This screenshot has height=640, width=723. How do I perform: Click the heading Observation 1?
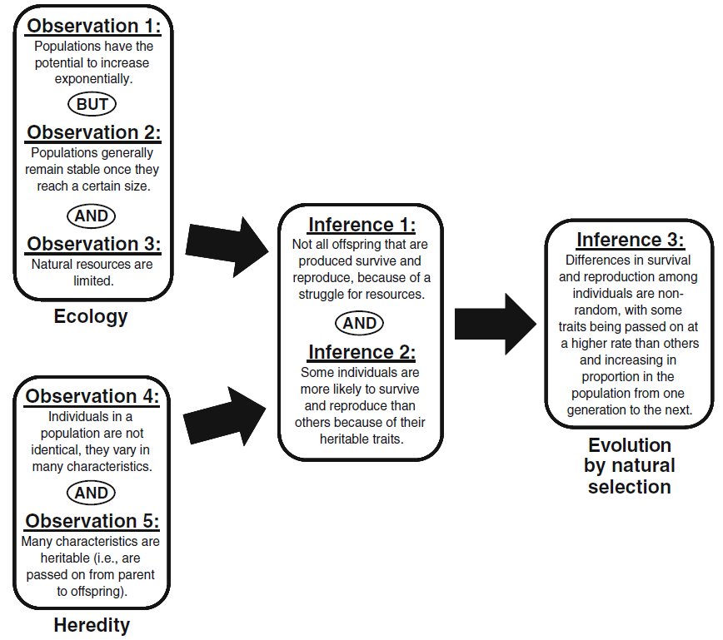point(92,25)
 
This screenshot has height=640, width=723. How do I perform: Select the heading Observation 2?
point(92,133)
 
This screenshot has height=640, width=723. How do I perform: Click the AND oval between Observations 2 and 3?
point(92,216)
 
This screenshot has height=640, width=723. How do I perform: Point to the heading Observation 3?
point(92,245)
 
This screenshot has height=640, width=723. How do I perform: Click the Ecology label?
point(91,316)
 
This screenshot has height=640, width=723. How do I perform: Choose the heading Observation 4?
point(92,397)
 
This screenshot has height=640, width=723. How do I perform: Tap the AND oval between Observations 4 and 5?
point(92,493)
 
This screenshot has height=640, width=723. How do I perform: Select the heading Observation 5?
point(92,522)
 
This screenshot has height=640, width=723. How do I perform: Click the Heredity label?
point(92,624)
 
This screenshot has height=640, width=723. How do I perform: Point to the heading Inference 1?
point(361,225)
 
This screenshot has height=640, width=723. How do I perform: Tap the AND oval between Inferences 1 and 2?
point(361,323)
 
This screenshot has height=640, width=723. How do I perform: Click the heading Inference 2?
point(361,352)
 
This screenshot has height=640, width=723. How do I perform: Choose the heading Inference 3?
point(629,240)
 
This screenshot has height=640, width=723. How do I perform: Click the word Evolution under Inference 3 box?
point(629,444)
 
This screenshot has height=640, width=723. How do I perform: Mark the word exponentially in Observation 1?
point(92,80)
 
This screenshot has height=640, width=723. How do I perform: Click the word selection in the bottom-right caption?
point(629,486)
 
